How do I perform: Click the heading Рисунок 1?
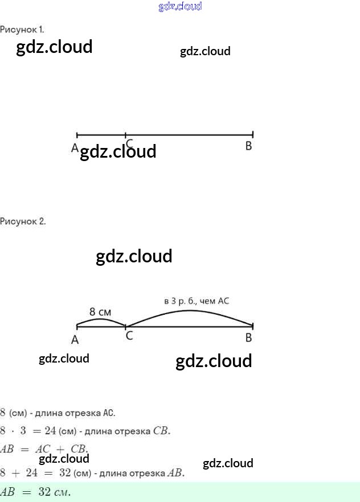click(x=22, y=29)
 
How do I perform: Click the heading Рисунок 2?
click(x=23, y=221)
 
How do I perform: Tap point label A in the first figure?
click(x=75, y=147)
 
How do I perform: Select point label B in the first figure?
click(x=248, y=146)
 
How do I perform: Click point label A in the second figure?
click(x=75, y=340)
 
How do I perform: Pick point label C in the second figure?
click(x=129, y=336)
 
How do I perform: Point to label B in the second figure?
click(x=248, y=338)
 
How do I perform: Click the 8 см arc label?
click(x=100, y=312)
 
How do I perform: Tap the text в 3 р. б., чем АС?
click(x=196, y=301)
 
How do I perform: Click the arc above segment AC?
click(x=101, y=320)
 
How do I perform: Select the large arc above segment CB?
click(x=191, y=311)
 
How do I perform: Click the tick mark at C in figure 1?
click(x=125, y=135)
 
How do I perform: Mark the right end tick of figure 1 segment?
click(x=252, y=135)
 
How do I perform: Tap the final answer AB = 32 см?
click(x=35, y=492)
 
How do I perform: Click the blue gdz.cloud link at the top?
click(x=180, y=7)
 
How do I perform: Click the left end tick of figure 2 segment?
click(x=77, y=326)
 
